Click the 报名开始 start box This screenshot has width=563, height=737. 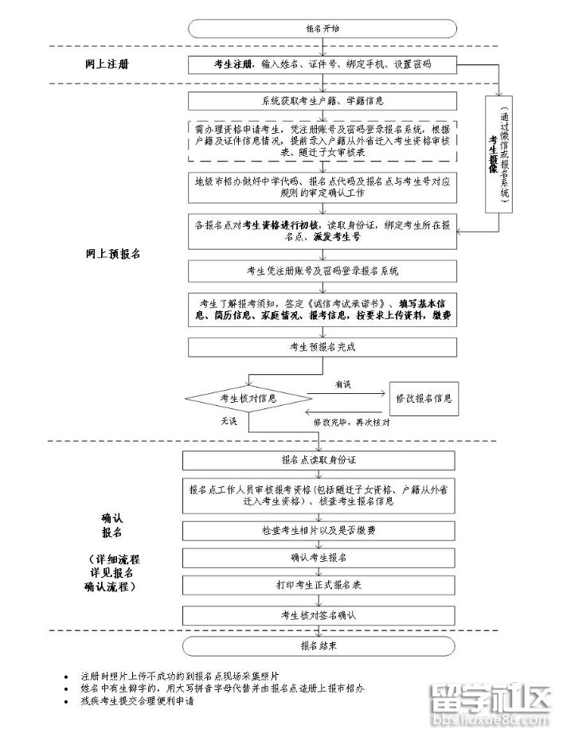tap(323, 28)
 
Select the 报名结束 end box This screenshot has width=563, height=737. tap(323, 645)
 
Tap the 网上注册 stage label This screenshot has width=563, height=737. tap(106, 64)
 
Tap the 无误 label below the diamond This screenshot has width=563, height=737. tap(229, 421)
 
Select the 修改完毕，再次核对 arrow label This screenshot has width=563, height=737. tap(351, 422)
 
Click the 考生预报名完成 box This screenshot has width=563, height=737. tap(323, 347)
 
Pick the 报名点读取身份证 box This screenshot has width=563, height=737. tap(323, 460)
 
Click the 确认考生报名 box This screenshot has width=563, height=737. tap(323, 556)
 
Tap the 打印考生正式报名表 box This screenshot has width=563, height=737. tap(323, 585)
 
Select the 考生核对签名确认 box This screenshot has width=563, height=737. tap(323, 614)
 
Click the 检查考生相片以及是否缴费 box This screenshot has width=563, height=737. tap(323, 529)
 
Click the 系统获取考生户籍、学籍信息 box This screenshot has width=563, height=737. tap(323, 101)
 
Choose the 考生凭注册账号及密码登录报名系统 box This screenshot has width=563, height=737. tap(323, 271)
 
